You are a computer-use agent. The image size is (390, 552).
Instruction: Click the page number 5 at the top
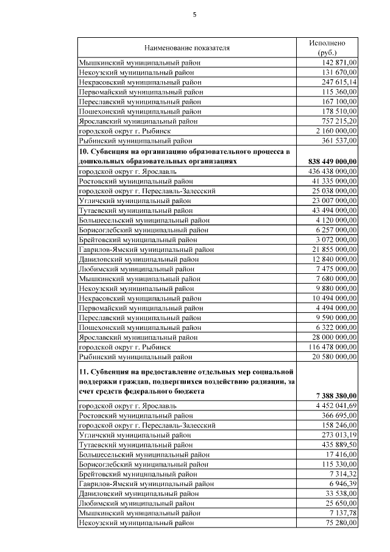coord(195,15)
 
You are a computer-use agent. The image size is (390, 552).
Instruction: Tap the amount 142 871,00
coord(339,62)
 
